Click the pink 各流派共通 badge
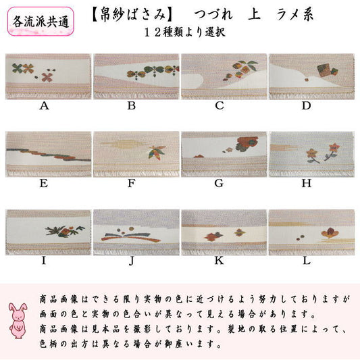point(41,22)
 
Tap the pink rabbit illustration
point(18,321)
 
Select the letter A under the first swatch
point(45,106)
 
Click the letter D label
point(306,106)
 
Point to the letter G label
point(219,184)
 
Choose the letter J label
point(131,261)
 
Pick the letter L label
point(307,261)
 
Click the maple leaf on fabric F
point(157,152)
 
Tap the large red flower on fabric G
point(247,143)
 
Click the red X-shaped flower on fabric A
point(47,78)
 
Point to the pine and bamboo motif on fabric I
point(65,231)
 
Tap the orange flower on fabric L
point(330,232)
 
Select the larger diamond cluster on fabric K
point(213,236)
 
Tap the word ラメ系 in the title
point(294,15)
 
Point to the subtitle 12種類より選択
point(184,32)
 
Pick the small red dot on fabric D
point(306,80)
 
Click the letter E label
point(44,184)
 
